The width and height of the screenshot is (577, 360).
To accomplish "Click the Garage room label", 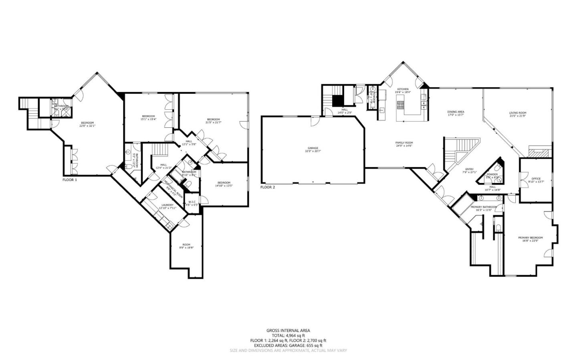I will tap(313, 148).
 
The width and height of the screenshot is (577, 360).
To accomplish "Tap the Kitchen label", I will tap(403, 89).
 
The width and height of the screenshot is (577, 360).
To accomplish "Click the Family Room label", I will tap(403, 143).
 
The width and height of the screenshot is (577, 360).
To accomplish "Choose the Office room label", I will tap(536, 179).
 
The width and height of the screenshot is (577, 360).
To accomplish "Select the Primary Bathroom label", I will tap(484, 207).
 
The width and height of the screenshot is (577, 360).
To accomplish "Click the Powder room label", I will tap(492, 175).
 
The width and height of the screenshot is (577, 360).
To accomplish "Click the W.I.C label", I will tap(192, 202).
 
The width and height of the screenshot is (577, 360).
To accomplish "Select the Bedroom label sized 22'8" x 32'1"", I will tap(87, 123).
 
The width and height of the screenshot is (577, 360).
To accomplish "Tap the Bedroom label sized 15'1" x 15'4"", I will tap(147, 116).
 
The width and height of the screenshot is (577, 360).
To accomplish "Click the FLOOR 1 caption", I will tap(70, 180).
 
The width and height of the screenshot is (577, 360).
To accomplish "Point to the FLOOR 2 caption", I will tap(268, 187).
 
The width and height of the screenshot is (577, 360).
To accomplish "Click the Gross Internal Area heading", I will tap(288, 330).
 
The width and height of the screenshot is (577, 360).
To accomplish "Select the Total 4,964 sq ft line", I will tap(288, 336).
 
